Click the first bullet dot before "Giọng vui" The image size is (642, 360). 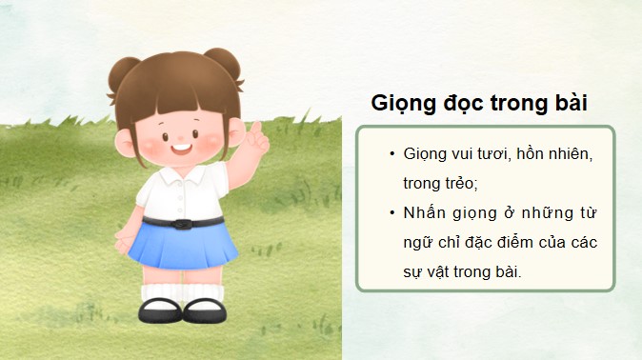point(390,154)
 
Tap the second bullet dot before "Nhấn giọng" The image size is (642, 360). point(390,212)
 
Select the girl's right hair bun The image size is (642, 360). point(222,64)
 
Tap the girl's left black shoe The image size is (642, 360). point(156,310)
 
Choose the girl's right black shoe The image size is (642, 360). point(202,310)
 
